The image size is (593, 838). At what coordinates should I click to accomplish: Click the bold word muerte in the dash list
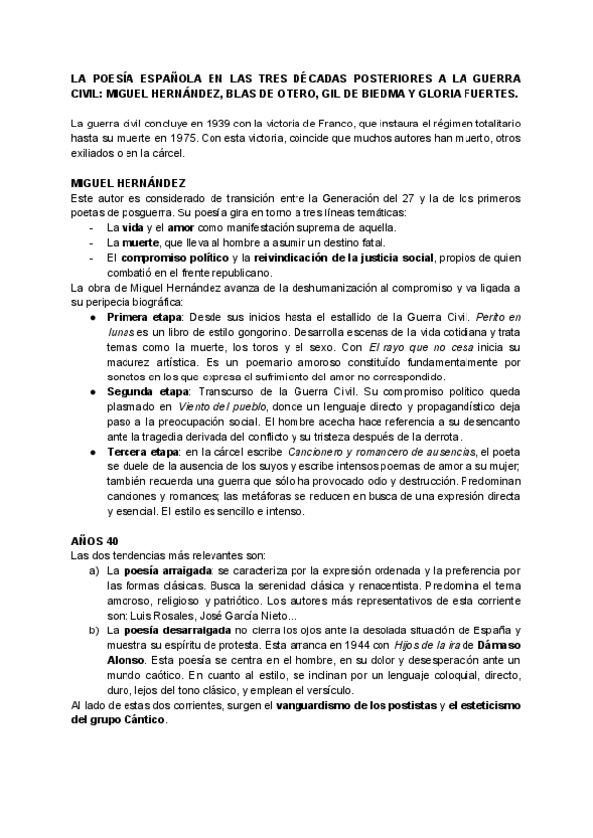coord(142,241)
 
